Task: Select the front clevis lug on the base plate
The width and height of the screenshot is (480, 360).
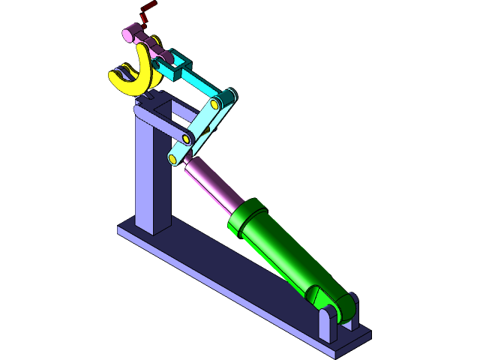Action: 327,325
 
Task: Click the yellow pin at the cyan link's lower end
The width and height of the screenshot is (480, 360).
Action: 174,159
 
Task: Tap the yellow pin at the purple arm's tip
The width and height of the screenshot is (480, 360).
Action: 185,139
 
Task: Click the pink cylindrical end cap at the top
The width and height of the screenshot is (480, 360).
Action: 132,34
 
